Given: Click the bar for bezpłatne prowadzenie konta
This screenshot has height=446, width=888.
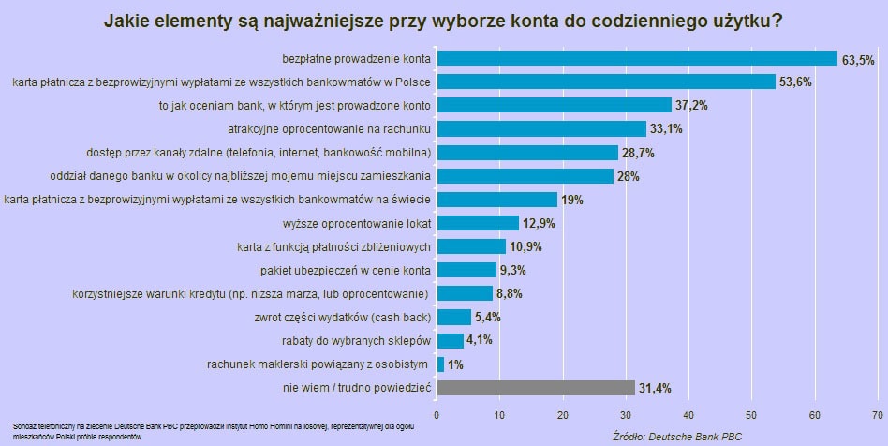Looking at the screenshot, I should (637, 58).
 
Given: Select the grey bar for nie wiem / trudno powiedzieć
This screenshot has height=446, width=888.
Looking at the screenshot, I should (536, 387).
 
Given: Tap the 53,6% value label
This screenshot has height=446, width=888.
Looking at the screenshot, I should (796, 82).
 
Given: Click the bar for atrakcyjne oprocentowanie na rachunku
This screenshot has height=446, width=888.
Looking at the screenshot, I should (541, 128).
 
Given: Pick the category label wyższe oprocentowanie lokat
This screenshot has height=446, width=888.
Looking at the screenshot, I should (356, 223).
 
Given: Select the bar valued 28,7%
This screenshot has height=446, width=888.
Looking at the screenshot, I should (527, 152).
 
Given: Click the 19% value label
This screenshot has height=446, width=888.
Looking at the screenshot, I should (572, 200).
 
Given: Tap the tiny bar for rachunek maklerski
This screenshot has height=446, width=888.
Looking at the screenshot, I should (440, 364).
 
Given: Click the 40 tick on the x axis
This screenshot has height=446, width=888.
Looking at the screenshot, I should (689, 413).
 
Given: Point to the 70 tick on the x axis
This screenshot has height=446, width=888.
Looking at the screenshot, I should (879, 413).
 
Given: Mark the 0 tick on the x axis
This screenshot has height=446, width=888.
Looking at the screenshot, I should (437, 413).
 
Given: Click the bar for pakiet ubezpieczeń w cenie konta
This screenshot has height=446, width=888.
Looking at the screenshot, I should (466, 270).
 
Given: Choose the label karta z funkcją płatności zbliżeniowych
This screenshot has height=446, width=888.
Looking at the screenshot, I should (333, 246).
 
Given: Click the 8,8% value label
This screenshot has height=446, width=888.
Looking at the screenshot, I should (510, 293).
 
